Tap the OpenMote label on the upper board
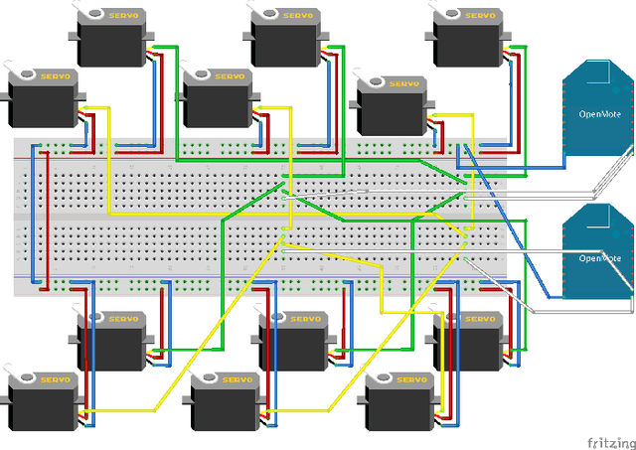point(599,113)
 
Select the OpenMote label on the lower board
point(599,257)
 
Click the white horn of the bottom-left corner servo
point(23,378)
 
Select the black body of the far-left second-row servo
point(44,103)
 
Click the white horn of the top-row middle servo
point(266,13)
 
